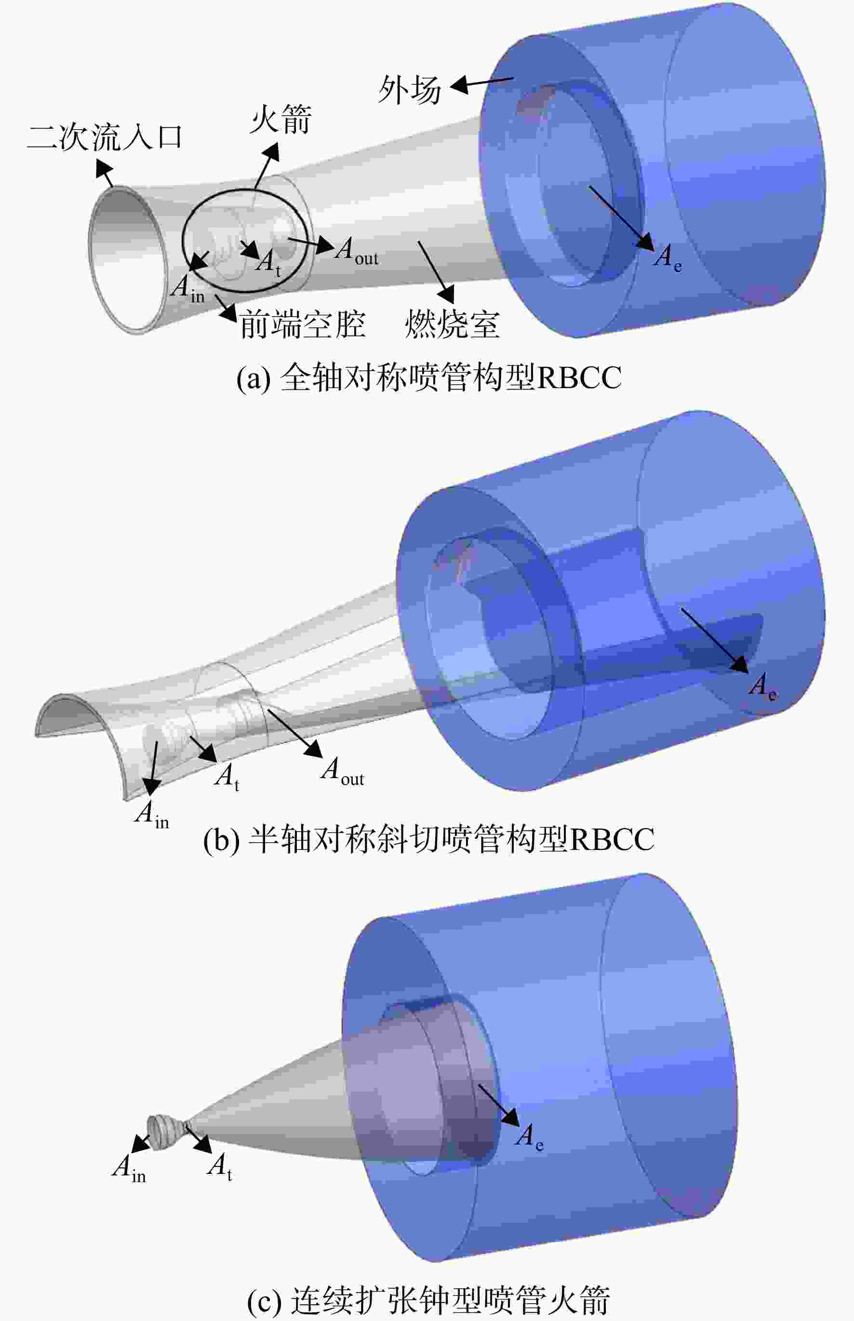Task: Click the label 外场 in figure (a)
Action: tap(410, 90)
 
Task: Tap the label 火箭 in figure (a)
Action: tap(280, 119)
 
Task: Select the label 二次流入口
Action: tap(105, 137)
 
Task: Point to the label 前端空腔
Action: tap(302, 324)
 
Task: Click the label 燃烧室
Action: tap(453, 324)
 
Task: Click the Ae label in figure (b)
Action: tap(763, 686)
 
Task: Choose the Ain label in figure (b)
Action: tap(152, 815)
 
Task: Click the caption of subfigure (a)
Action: tap(428, 377)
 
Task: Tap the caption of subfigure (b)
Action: tap(428, 840)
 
